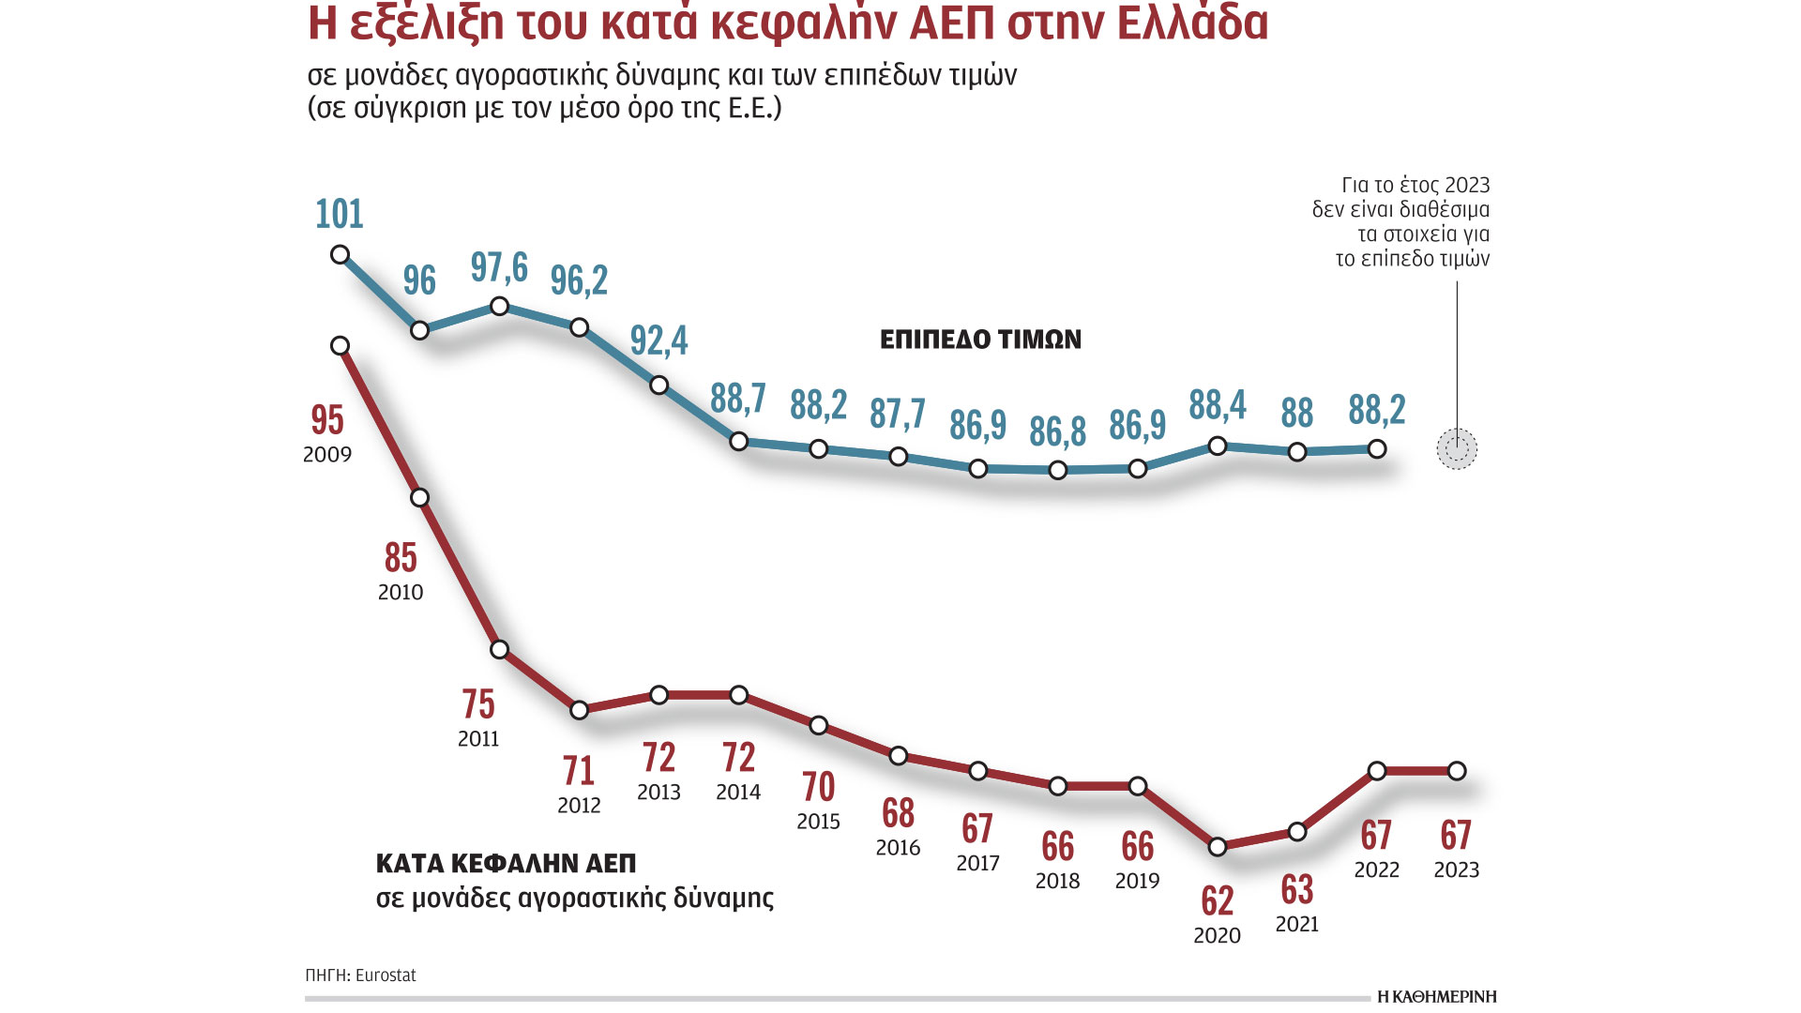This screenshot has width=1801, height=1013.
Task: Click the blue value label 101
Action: [x=339, y=215]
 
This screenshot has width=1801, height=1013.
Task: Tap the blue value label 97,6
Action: [x=499, y=268]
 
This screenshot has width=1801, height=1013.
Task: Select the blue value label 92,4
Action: [x=658, y=340]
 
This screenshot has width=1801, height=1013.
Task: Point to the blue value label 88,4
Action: [x=1218, y=405]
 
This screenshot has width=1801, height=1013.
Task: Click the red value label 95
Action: [x=327, y=420]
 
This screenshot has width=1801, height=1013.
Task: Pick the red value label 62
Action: [x=1218, y=901]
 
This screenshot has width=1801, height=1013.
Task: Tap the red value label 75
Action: [x=478, y=704]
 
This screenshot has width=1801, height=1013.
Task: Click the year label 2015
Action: [x=818, y=822]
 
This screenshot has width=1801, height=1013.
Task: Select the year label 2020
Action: [x=1217, y=936]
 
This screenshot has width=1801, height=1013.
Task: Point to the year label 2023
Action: [x=1456, y=870]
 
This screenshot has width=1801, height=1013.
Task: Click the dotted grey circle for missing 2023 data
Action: [x=1457, y=449]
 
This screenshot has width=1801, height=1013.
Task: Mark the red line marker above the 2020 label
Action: [x=1218, y=847]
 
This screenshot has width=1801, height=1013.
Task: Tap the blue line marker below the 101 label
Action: [x=341, y=255]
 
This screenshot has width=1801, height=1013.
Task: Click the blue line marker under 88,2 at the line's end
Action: [x=1377, y=449]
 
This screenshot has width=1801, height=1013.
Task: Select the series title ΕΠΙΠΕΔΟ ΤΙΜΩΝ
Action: [x=980, y=340]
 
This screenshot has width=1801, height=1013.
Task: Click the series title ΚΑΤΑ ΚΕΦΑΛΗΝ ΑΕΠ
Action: [x=506, y=863]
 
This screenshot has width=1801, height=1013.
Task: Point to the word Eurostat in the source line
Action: [x=386, y=975]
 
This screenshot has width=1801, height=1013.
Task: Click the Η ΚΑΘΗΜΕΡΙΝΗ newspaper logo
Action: [x=1436, y=996]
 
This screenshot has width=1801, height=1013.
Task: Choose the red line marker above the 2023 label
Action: [x=1457, y=771]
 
